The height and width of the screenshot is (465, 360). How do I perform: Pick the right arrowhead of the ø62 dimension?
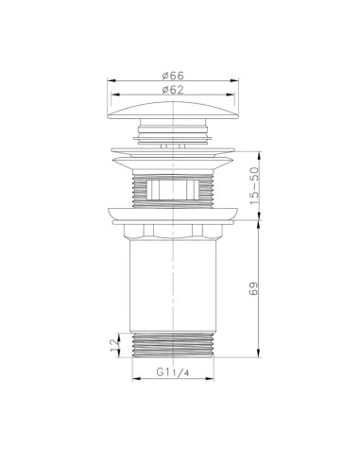coord(234,95)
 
